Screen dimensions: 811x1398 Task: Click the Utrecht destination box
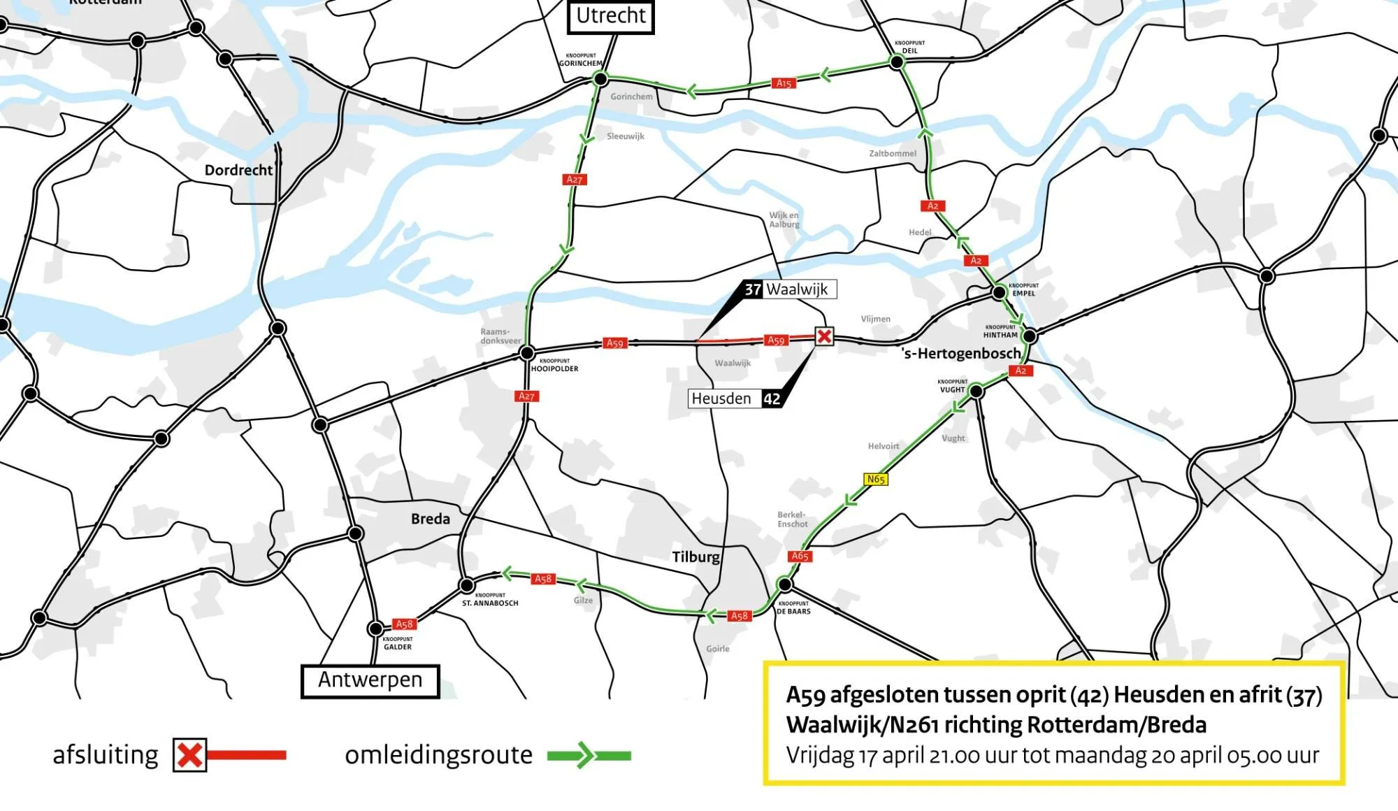point(611,16)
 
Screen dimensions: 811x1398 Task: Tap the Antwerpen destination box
point(370,680)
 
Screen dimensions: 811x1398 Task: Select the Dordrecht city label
point(238,171)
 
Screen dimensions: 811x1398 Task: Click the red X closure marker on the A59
point(824,336)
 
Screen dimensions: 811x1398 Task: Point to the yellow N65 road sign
point(876,480)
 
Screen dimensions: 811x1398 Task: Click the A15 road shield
point(784,83)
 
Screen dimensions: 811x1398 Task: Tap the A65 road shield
point(800,557)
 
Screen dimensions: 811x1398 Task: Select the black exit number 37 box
point(752,289)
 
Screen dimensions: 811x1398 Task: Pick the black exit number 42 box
point(772,399)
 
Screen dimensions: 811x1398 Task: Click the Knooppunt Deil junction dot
point(897,62)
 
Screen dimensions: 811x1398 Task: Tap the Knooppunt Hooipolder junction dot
point(528,353)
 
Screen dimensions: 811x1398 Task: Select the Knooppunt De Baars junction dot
point(785,584)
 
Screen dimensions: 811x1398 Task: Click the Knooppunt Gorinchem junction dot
point(600,79)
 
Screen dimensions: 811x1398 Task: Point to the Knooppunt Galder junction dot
point(376,629)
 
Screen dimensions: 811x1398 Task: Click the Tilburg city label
point(696,557)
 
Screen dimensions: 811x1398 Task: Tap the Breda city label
point(431,519)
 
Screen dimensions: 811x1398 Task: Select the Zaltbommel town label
point(893,154)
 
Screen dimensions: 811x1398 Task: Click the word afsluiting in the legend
point(106,756)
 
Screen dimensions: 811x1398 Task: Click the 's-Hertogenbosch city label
point(961,354)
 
